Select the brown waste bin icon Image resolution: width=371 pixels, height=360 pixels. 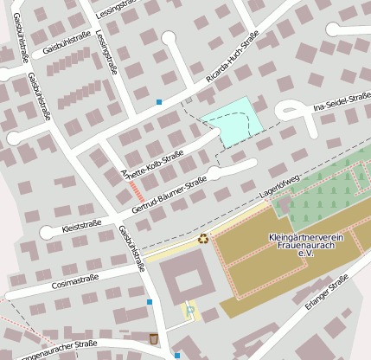click(154, 337)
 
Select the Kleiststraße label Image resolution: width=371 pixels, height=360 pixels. click(82, 227)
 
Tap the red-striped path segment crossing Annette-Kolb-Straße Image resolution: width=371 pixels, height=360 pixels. click(136, 190)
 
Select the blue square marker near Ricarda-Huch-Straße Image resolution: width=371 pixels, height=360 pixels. click(158, 102)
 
